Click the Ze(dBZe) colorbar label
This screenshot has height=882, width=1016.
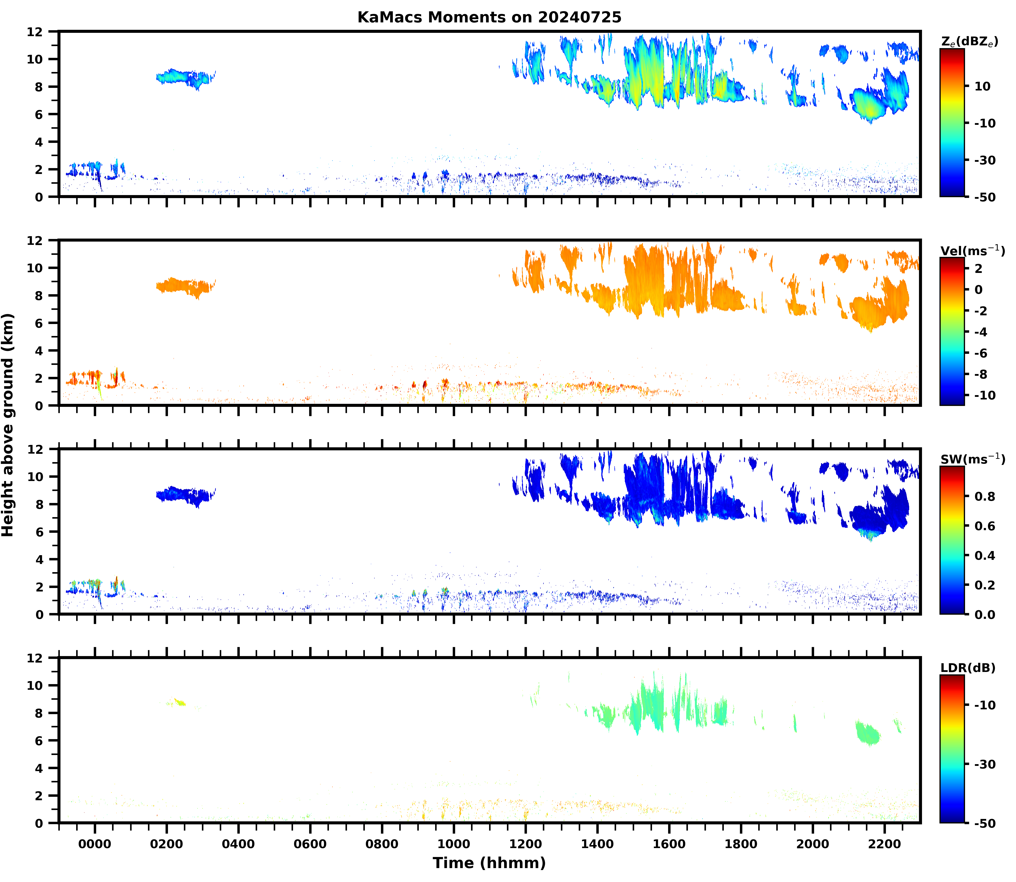pyautogui.click(x=969, y=42)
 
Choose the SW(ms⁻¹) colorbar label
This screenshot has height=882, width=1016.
pyautogui.click(x=972, y=459)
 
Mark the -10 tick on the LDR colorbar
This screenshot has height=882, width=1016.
pyautogui.click(x=984, y=705)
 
